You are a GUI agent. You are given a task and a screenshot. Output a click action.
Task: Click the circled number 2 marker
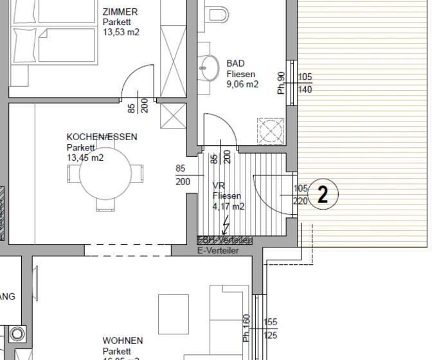[x=323, y=194]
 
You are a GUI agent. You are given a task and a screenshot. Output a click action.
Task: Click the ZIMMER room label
[x=120, y=12]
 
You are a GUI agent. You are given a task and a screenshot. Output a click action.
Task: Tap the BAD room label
[x=235, y=64]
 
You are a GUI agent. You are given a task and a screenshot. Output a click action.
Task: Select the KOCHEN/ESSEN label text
[x=102, y=137]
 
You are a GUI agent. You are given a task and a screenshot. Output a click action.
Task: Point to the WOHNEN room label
[x=123, y=341]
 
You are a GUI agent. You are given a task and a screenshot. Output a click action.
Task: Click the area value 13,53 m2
[x=121, y=32]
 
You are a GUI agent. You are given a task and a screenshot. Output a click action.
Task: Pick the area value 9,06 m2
[x=242, y=84]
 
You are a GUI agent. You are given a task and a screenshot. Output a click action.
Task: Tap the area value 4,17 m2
[x=228, y=206]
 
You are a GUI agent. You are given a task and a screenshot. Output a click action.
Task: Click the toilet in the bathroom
[x=218, y=12]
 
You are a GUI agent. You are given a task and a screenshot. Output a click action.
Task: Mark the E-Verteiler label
[x=217, y=250]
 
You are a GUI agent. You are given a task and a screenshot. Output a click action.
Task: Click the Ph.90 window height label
[x=281, y=84]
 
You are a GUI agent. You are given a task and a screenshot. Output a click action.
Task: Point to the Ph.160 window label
[x=246, y=328]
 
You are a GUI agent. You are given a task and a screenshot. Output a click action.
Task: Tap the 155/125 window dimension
[x=271, y=328]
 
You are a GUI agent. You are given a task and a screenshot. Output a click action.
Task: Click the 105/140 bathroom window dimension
[x=305, y=84]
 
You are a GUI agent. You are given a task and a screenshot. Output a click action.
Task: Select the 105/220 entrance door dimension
[x=300, y=194]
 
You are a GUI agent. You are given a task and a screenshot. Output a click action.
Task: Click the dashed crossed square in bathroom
[x=270, y=130]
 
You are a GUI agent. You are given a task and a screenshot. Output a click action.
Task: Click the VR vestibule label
[x=219, y=186]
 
